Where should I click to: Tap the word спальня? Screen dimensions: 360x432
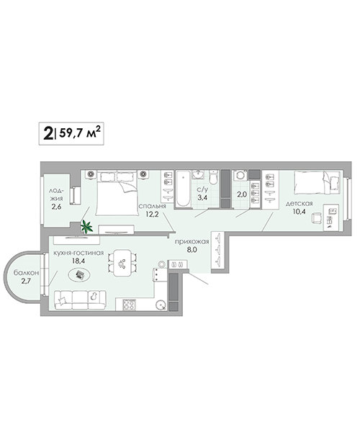point(152,207)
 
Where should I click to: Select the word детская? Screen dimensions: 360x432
point(299,204)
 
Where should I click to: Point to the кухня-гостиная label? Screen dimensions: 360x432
point(78,253)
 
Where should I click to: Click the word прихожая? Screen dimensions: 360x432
point(192,242)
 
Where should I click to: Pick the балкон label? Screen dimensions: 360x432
point(26,273)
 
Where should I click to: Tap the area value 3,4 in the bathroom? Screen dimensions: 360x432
point(202,197)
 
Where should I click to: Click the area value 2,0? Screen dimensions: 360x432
point(242,194)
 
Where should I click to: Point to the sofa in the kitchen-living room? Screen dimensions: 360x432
point(80,300)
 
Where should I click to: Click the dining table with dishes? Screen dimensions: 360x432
point(122,263)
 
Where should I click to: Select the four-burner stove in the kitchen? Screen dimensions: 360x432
point(129,305)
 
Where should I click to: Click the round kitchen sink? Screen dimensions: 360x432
point(161,305)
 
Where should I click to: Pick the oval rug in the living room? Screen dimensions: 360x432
point(79,275)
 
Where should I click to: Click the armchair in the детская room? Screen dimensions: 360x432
point(316,218)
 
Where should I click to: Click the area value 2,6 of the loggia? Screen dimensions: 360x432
point(56,207)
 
